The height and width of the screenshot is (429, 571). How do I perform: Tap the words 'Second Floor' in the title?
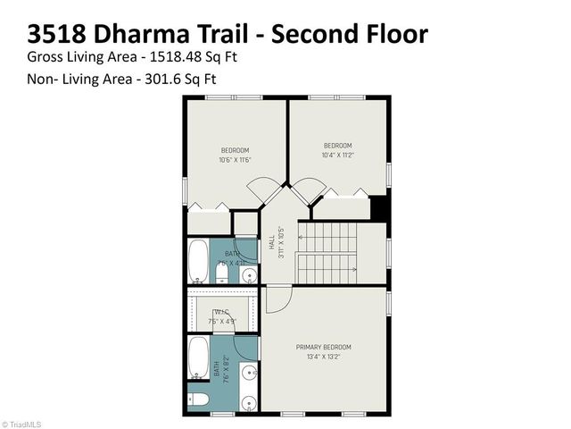pyautogui.click(x=350, y=34)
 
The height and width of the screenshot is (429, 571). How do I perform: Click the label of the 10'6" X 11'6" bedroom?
pyautogui.click(x=235, y=150)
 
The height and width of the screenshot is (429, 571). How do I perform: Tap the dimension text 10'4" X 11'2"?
pyautogui.click(x=337, y=155)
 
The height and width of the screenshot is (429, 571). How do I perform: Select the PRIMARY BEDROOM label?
pyautogui.click(x=324, y=347)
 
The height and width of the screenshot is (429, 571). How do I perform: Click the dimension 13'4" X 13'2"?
pyautogui.click(x=324, y=356)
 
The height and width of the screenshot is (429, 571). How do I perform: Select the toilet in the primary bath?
pyautogui.click(x=198, y=397)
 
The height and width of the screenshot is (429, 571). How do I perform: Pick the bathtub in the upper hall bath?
pyautogui.click(x=199, y=261)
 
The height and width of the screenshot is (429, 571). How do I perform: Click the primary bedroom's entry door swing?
pyautogui.click(x=277, y=299)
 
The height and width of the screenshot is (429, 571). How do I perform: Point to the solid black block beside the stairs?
pyautogui.click(x=379, y=207)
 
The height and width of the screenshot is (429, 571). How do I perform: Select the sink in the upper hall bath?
pyautogui.click(x=248, y=273)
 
